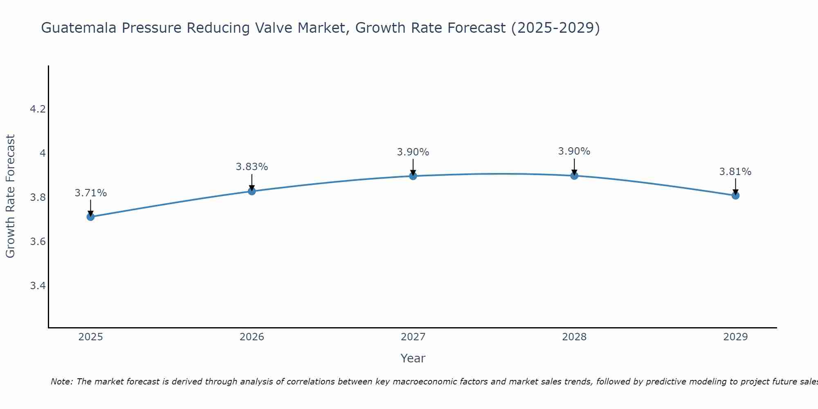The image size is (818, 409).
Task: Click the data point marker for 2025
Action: (x=90, y=217)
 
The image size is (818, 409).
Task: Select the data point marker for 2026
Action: (x=252, y=191)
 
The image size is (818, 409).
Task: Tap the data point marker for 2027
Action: (x=413, y=176)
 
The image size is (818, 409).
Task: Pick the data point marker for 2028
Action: (x=574, y=175)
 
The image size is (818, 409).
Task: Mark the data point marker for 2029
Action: (x=735, y=196)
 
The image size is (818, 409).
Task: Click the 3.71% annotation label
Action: (x=90, y=193)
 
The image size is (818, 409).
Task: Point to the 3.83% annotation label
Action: (x=252, y=167)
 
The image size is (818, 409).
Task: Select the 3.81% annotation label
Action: (x=735, y=172)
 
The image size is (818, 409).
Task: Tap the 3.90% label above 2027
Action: (x=413, y=152)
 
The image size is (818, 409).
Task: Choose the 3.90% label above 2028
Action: (x=574, y=151)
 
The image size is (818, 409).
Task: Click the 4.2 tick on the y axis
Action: (x=38, y=109)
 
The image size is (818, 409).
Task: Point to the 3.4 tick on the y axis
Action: (x=38, y=285)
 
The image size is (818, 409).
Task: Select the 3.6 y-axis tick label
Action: (x=38, y=241)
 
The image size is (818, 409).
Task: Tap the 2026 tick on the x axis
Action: (x=252, y=337)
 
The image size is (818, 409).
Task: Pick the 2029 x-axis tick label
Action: (x=735, y=337)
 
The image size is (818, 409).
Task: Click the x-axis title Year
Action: (x=413, y=358)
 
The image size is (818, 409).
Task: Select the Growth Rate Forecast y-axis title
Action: (x=10, y=196)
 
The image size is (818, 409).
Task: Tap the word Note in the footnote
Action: (x=61, y=382)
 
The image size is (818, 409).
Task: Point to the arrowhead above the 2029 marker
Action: (x=735, y=192)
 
